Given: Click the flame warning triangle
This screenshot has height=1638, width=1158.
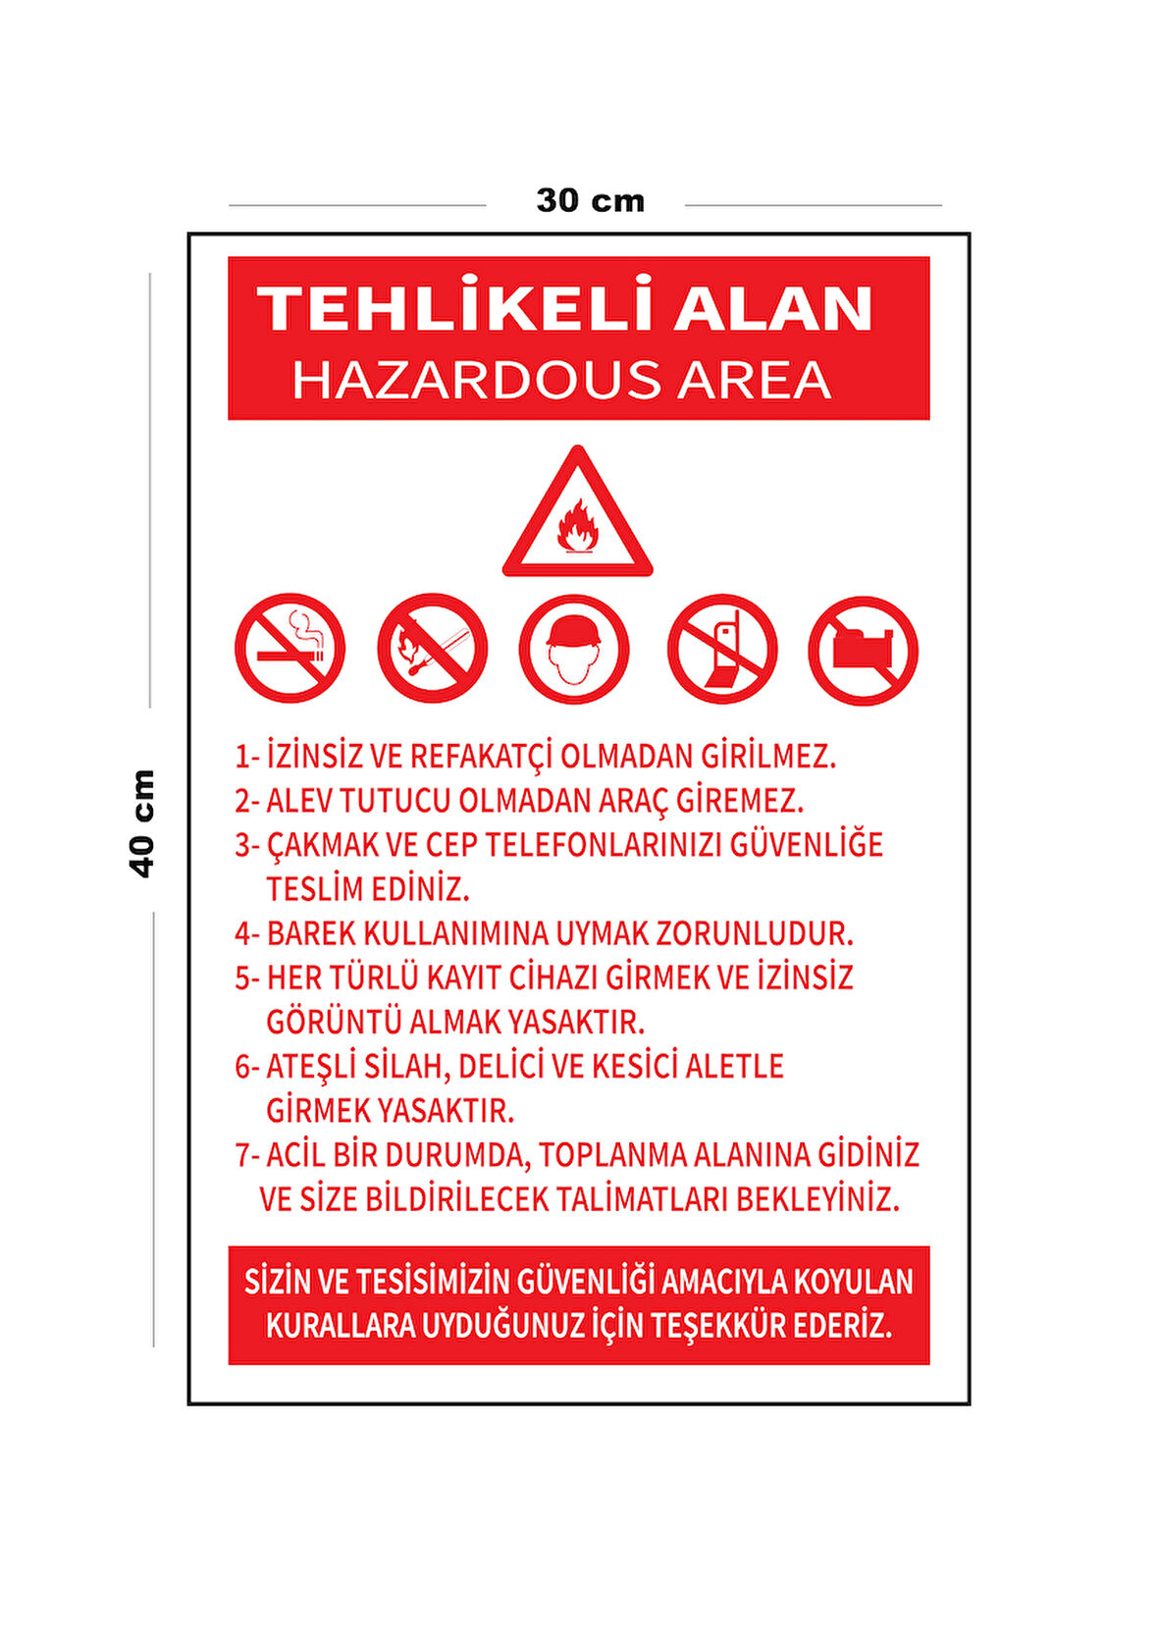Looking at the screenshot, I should [x=577, y=515].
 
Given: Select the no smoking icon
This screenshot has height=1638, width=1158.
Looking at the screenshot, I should [x=289, y=649].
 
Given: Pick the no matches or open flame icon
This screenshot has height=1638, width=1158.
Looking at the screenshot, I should [x=432, y=649].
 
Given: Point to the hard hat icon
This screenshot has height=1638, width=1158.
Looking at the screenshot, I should [x=574, y=649].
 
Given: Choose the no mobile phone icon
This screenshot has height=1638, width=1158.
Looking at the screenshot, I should [x=722, y=649].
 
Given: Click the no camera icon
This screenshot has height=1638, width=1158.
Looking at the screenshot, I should [x=863, y=650].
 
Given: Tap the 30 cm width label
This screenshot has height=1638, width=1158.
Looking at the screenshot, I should [x=590, y=201].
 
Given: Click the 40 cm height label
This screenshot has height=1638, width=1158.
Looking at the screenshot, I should [x=142, y=822].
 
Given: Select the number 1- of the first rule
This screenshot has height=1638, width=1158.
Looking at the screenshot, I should [x=246, y=757].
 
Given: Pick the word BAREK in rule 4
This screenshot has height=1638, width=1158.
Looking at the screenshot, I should [x=310, y=933].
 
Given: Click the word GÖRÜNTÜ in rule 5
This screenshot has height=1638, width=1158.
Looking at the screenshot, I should [x=333, y=1022].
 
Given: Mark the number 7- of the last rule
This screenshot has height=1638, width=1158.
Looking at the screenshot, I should [x=246, y=1155].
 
